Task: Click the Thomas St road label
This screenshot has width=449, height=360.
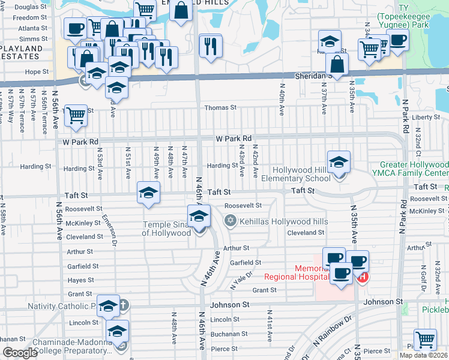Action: tap(221, 107)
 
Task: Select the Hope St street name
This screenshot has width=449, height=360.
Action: tap(37, 71)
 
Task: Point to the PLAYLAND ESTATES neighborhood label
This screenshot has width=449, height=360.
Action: tap(20, 52)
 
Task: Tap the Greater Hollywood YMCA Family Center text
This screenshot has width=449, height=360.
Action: tap(414, 169)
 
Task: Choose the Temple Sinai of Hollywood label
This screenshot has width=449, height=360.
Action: tap(166, 229)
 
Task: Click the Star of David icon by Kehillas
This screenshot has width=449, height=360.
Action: tap(229, 221)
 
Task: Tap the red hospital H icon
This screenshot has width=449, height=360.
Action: tap(362, 277)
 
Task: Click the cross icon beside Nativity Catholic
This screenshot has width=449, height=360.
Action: tap(124, 305)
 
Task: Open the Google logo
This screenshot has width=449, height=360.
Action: tap(20, 353)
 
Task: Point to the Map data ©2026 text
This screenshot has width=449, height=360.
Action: tap(423, 355)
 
